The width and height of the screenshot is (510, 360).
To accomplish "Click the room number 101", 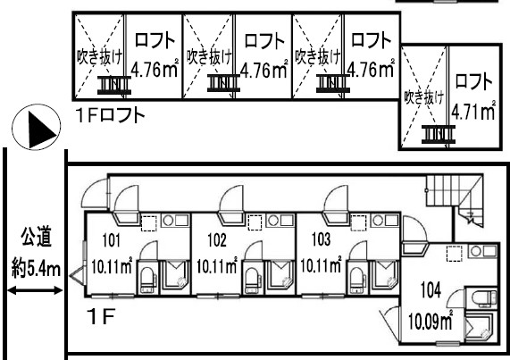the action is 112,240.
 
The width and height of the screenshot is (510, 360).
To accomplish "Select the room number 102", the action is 217,240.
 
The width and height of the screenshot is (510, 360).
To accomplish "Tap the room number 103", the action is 322,239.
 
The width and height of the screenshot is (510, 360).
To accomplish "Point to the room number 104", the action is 431,289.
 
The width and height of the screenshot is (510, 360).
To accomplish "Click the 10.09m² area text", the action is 431,321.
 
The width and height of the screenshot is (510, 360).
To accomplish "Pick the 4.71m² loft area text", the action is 473,112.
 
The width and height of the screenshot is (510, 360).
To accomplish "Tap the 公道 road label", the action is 36,237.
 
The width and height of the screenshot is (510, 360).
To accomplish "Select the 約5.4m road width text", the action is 36,269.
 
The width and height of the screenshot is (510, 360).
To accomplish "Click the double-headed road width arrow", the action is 35,290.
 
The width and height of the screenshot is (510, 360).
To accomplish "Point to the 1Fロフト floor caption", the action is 111,115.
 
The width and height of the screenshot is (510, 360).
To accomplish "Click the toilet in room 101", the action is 148,279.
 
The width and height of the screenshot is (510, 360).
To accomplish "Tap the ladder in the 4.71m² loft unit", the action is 439,134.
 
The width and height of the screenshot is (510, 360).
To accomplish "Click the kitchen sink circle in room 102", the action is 272,221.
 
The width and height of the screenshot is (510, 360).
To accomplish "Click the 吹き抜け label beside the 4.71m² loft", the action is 423,97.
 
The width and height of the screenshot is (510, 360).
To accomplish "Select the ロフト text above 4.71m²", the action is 473,81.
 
